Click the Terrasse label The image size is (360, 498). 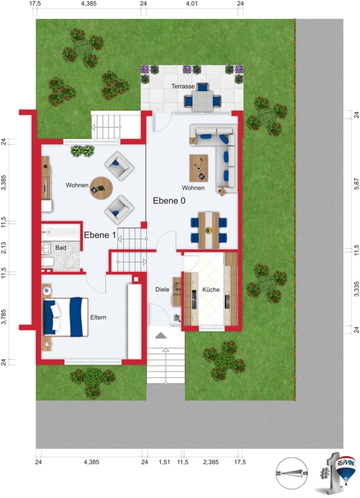click(183, 86)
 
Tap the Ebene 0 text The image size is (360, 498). click(169, 201)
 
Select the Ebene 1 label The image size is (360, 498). click(100, 235)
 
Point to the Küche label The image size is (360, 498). click(211, 289)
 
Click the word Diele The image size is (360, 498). click(162, 289)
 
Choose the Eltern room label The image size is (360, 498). click(98, 317)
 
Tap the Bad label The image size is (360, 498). click(60, 247)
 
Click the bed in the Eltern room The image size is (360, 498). click(66, 317)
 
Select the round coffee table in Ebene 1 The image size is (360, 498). click(102, 188)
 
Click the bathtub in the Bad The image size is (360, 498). click(60, 232)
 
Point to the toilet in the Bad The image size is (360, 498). click(47, 262)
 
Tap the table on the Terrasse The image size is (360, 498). click(202, 101)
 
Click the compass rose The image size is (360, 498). click(291, 473)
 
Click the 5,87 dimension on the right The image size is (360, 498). click(356, 184)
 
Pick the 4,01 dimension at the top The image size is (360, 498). click(191, 4)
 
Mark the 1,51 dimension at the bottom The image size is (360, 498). click(164, 462)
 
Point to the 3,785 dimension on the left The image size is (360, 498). click(4, 317)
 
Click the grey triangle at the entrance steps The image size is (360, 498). click(161, 335)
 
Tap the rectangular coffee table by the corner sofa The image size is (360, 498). click(199, 168)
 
